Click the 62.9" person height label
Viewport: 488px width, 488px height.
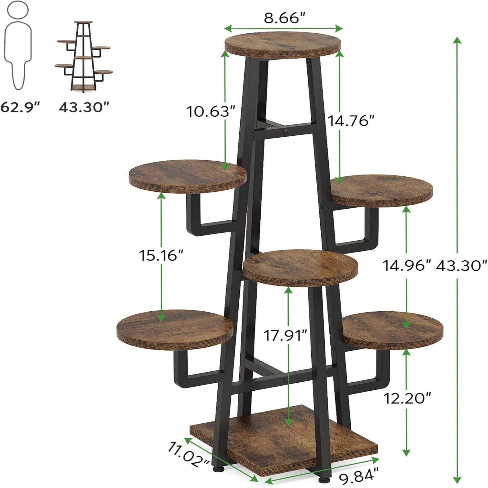pos(20,107)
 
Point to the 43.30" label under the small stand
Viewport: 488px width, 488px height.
pos(84,107)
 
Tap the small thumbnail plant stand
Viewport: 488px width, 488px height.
pos(84,57)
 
